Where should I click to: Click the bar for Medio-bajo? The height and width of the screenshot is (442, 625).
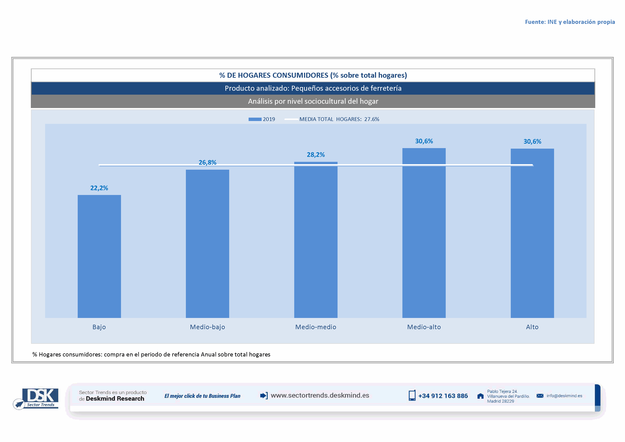click(x=207, y=244)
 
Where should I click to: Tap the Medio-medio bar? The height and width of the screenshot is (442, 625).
click(x=316, y=240)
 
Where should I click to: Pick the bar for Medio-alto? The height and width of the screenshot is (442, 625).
click(x=424, y=233)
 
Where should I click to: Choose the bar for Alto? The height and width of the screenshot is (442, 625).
click(x=532, y=233)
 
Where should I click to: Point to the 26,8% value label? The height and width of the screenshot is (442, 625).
click(x=207, y=163)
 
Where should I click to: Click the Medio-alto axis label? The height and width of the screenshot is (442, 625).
click(x=424, y=327)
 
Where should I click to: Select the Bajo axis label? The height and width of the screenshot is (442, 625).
click(x=99, y=327)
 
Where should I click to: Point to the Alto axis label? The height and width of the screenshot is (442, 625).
click(x=532, y=327)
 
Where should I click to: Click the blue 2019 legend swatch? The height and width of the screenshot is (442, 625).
click(x=255, y=119)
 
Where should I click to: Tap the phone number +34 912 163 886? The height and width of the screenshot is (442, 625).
click(x=443, y=396)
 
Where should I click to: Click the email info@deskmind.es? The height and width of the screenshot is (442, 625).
click(x=564, y=396)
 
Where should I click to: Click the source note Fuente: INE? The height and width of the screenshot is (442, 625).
click(x=570, y=22)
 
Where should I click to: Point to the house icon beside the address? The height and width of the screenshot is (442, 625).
click(x=480, y=396)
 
